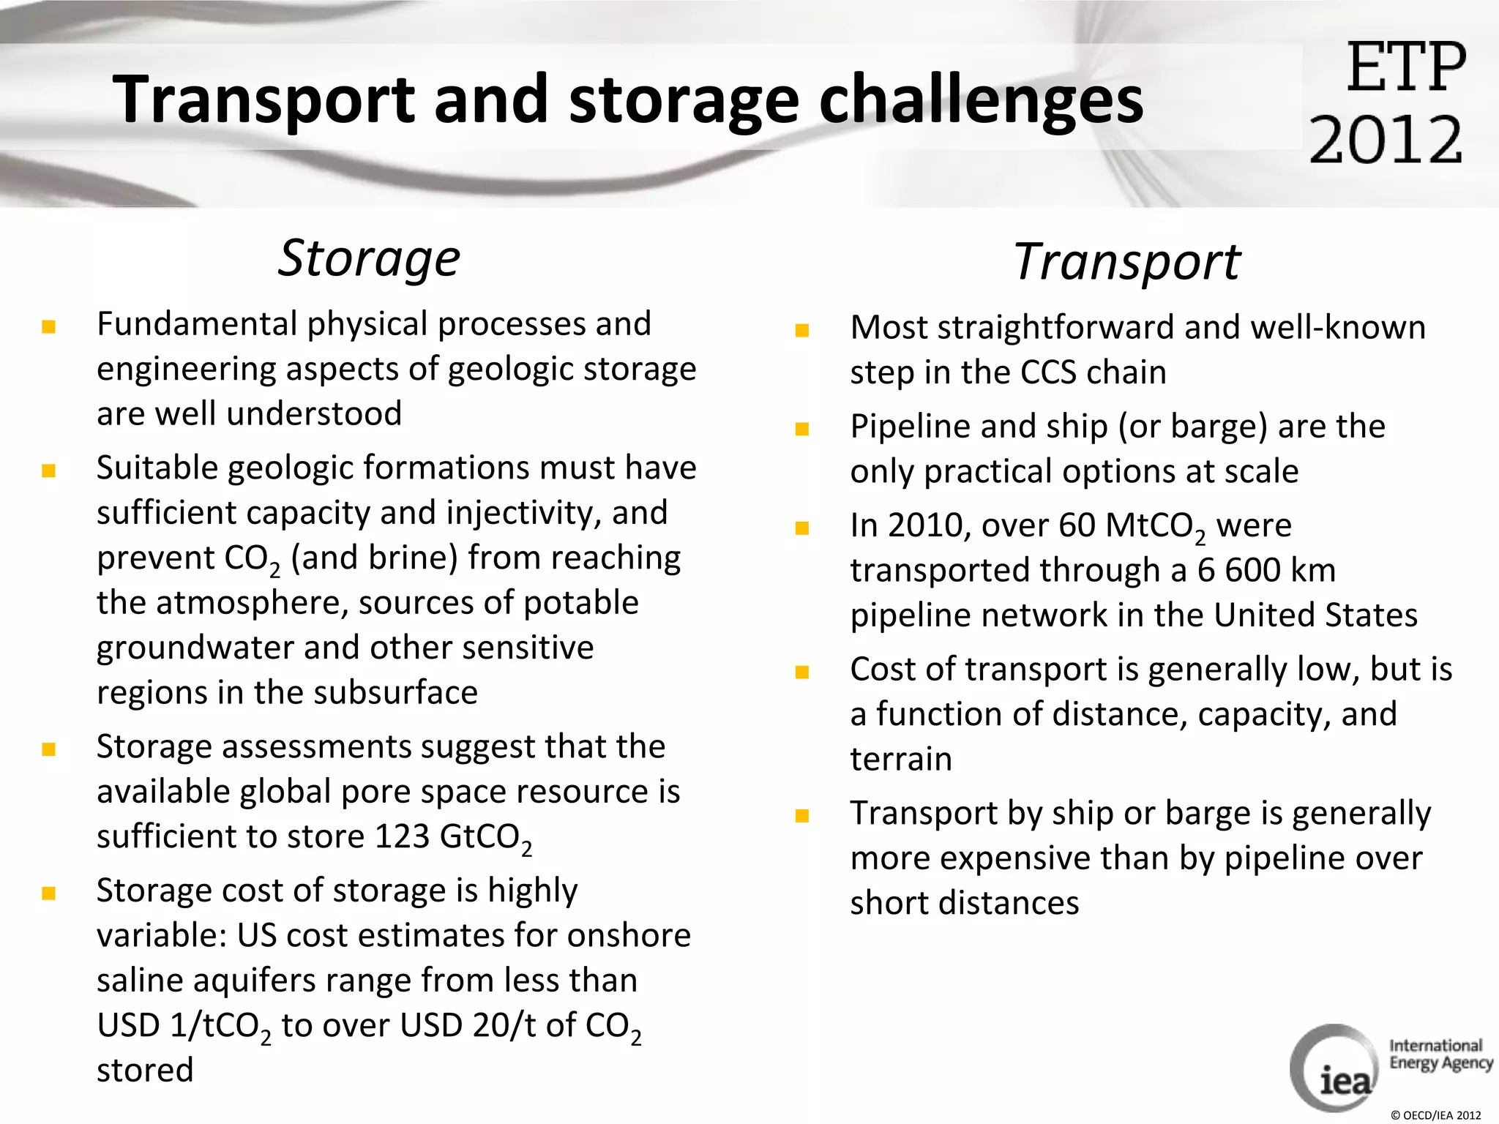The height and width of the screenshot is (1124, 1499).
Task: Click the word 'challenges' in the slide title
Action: tap(981, 101)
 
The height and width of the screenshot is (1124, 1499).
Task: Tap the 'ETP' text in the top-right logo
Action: tap(1405, 68)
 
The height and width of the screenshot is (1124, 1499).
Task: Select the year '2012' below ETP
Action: tap(1386, 139)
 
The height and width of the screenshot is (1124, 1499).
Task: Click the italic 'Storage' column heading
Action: tap(369, 258)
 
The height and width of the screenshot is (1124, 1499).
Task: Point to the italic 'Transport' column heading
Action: tap(1126, 262)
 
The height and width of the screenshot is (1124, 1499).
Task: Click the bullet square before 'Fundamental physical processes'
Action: tap(49, 326)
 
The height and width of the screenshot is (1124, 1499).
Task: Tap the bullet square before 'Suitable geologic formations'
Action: tap(49, 471)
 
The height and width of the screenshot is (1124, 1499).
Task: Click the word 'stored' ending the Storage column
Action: tap(145, 1070)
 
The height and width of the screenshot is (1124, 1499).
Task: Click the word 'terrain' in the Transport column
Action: tap(901, 759)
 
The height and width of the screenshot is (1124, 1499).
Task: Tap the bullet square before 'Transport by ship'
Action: tap(802, 816)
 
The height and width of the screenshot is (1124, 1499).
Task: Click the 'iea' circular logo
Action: tap(1334, 1068)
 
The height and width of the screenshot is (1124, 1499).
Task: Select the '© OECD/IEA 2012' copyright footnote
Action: tap(1435, 1115)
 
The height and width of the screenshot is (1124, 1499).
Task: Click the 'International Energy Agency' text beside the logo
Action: tap(1440, 1054)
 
